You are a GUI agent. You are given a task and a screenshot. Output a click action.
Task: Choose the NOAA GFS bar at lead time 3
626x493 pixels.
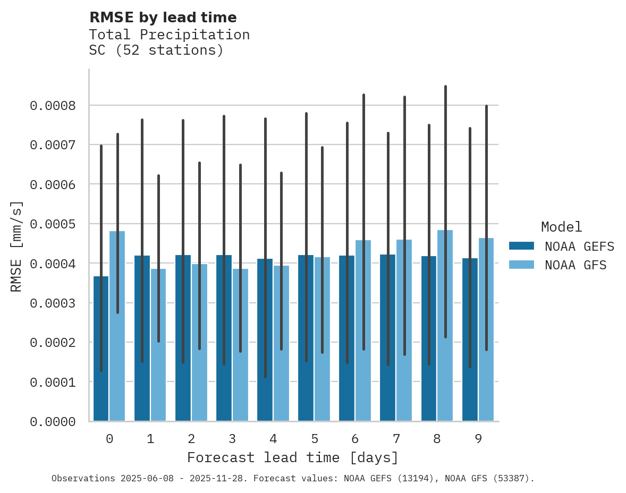coord(240,345)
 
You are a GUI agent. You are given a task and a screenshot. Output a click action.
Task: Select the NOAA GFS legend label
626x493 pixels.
coord(576,265)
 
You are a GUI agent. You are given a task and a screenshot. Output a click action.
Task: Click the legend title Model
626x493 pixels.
coord(561,227)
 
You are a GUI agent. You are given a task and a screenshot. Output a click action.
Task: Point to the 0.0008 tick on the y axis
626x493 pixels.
coord(53,105)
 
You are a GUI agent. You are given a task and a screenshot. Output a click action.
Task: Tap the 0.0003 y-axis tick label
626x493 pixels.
coord(53,303)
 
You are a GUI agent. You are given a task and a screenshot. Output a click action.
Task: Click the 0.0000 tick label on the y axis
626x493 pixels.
coord(53,422)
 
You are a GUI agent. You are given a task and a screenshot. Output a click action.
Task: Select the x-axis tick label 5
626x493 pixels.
coord(315,439)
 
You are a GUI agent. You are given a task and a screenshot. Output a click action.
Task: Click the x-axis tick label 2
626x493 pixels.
coord(191,439)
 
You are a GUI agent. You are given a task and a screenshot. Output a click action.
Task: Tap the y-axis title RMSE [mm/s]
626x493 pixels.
coord(16,246)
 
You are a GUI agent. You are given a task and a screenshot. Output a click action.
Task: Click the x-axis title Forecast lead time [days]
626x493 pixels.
coord(293,457)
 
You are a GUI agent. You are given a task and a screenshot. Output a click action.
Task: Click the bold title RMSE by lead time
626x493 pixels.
coord(163,18)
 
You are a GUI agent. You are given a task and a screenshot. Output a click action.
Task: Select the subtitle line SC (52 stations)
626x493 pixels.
coord(156,50)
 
